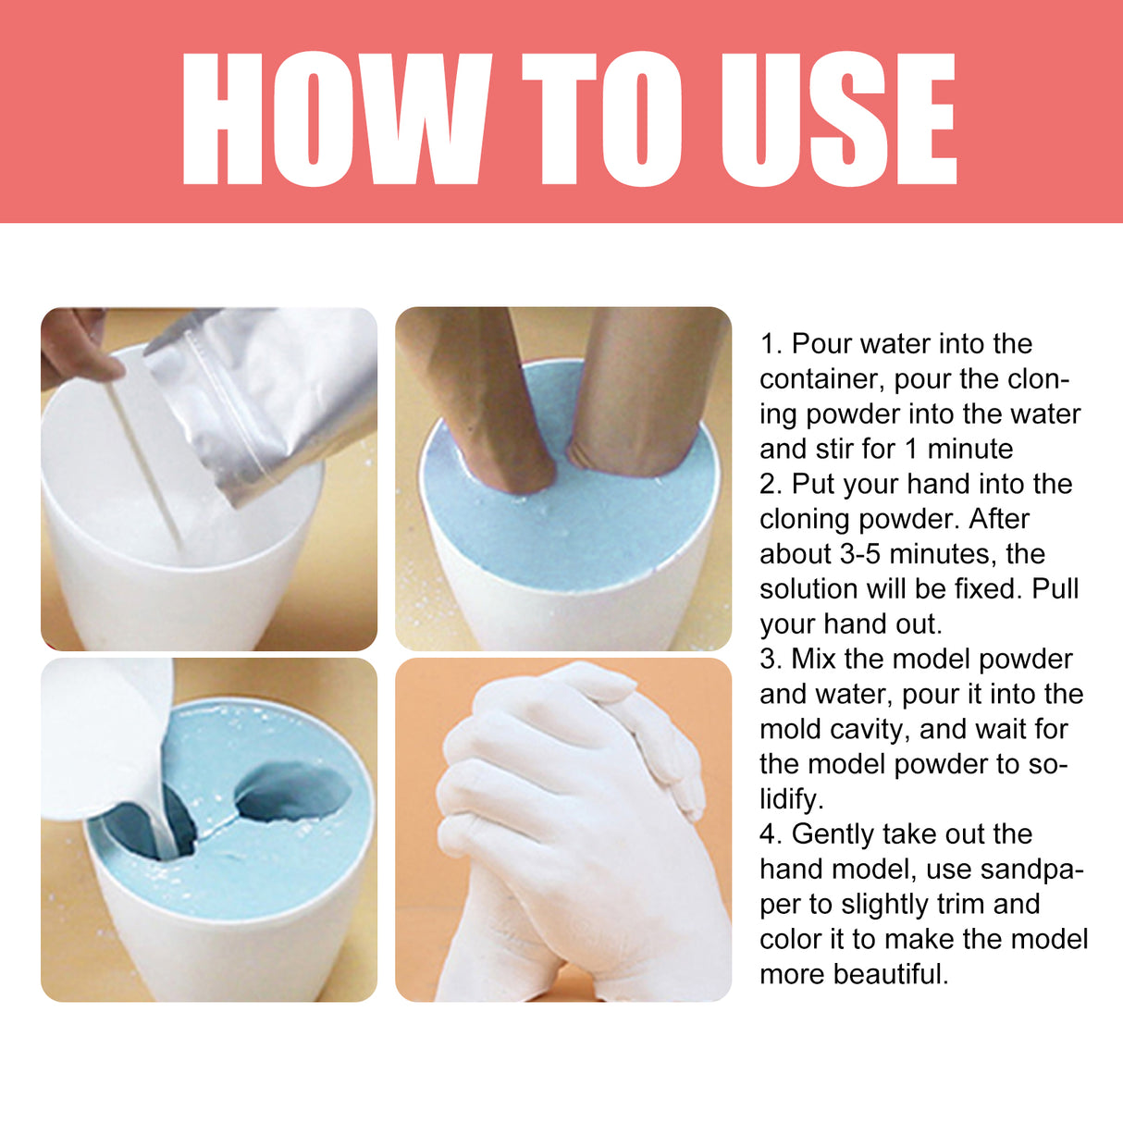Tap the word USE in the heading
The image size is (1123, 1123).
pyautogui.click(x=837, y=118)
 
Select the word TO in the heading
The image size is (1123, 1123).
pyautogui.click(x=601, y=118)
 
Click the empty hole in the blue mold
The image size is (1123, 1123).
pyautogui.click(x=294, y=792)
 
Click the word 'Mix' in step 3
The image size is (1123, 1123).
pyautogui.click(x=814, y=660)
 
